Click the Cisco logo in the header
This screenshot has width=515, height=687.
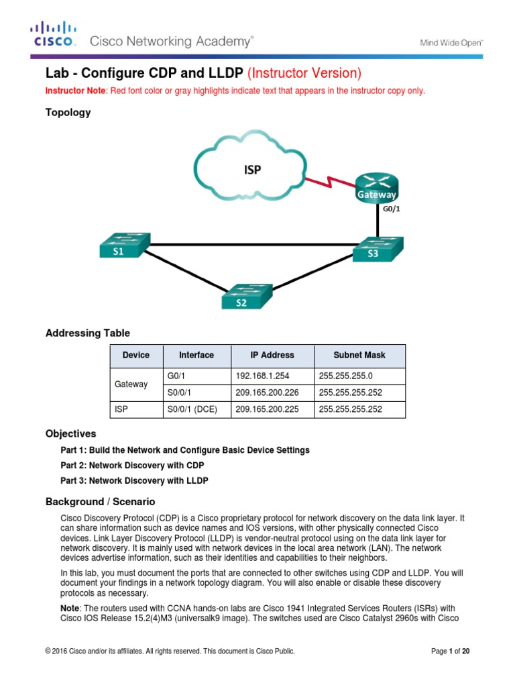click(53, 34)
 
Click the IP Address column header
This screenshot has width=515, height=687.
click(272, 355)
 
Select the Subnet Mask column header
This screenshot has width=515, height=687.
click(359, 355)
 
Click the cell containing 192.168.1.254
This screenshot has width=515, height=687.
click(272, 376)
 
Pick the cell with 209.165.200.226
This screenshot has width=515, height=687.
click(272, 392)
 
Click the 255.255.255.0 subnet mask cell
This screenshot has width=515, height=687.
click(359, 376)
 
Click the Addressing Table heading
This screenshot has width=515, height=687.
click(87, 333)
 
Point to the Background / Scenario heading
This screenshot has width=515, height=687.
click(100, 501)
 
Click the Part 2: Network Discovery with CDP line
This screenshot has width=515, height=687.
click(132, 465)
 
